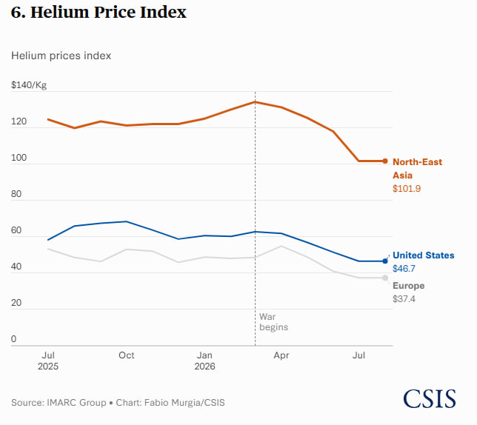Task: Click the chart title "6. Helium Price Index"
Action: [x=99, y=13]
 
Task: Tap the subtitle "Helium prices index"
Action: [x=61, y=56]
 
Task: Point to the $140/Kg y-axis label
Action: [x=29, y=85]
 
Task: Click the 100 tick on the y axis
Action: [x=19, y=158]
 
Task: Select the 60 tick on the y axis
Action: [x=16, y=230]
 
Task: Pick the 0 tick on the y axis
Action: [x=13, y=339]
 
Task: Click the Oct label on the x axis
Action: [x=126, y=355]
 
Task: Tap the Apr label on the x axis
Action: [x=281, y=355]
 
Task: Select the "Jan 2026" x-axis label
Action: [x=204, y=361]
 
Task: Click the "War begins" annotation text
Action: [x=273, y=322]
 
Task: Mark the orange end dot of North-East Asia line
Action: [x=385, y=161]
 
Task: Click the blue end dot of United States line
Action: [x=385, y=261]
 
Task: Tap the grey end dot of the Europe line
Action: [x=385, y=278]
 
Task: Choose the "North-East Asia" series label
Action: [x=418, y=168]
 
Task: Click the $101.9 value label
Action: [x=407, y=189]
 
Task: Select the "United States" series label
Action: [x=424, y=255]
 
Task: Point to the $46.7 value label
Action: [x=404, y=269]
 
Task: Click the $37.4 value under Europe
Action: [x=404, y=299]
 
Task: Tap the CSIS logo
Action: [x=430, y=398]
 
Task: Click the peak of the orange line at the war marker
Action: [x=256, y=102]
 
